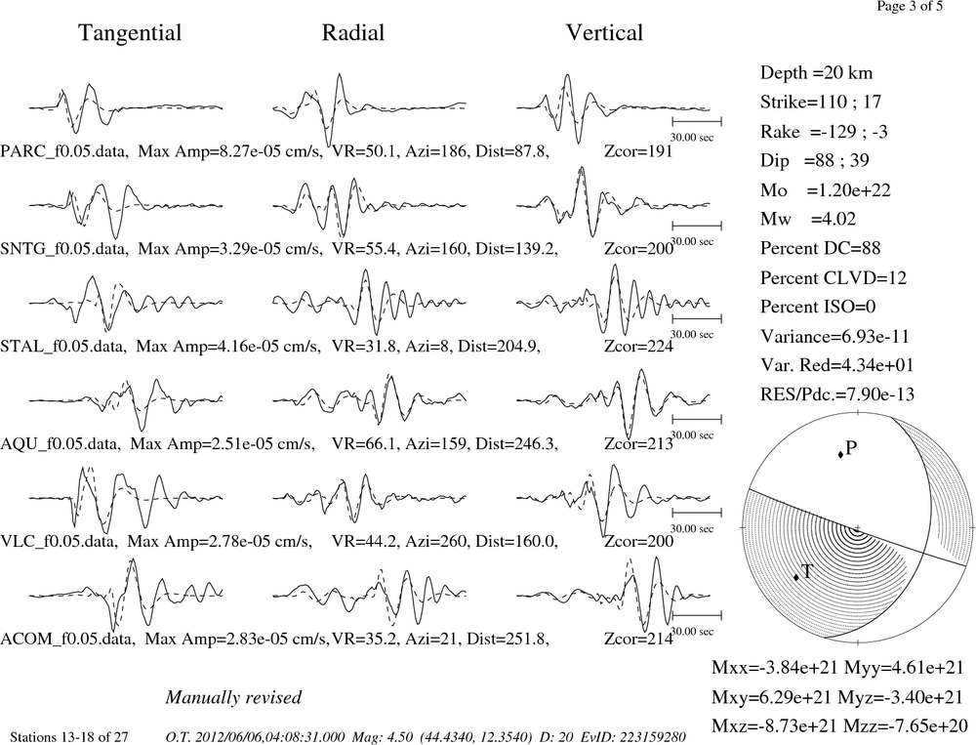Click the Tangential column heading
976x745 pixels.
(130, 33)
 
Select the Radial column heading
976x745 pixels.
(353, 32)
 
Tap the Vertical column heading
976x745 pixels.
(604, 32)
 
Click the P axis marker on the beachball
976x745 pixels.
(840, 455)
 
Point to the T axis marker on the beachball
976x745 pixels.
(796, 577)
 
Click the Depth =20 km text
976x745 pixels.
(816, 73)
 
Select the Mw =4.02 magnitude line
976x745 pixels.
(808, 220)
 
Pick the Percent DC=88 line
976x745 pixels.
(821, 249)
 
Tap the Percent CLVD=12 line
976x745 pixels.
(834, 278)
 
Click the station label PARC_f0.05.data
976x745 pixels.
(64, 151)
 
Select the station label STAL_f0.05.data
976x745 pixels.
(64, 347)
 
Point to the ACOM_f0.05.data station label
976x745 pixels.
(67, 640)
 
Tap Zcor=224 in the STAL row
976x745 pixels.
(638, 347)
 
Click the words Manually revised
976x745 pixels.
(233, 697)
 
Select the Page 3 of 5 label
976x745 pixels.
(910, 6)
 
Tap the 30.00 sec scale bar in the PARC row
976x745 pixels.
(697, 121)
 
